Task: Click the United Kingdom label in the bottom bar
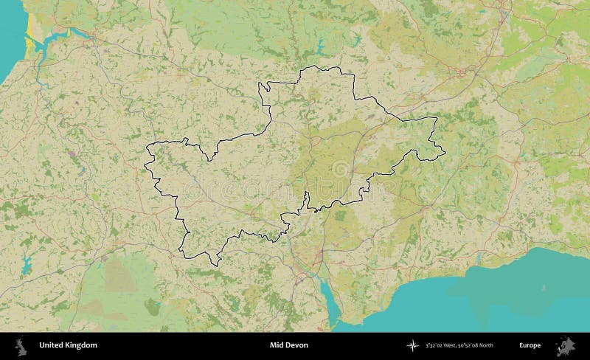pos(67,345)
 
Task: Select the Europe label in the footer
pos(530,345)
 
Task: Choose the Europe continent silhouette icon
pos(569,345)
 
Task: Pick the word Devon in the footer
pos(299,345)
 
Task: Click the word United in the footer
pos(49,345)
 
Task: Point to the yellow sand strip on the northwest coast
pos(27,46)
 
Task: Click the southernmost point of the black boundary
pos(215,265)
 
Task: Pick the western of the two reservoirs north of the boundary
pos(322,49)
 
